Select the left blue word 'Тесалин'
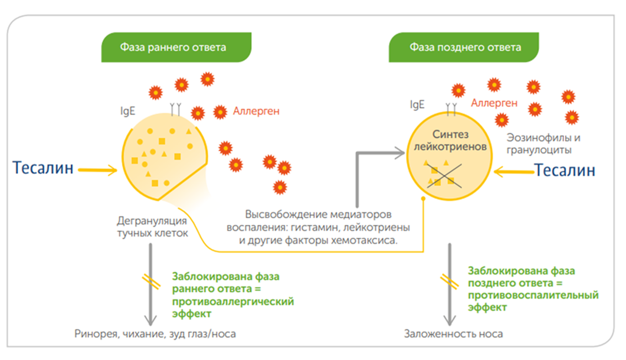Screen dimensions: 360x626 (x=44, y=168)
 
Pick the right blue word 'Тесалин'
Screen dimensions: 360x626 (x=565, y=171)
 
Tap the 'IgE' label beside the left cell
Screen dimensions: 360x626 (x=127, y=110)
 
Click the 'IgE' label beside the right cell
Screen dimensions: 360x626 (x=417, y=105)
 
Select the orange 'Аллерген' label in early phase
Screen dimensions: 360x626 (x=256, y=110)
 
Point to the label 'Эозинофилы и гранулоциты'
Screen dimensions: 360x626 (x=543, y=144)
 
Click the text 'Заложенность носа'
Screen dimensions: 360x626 (x=454, y=333)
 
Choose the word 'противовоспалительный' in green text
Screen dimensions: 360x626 (x=533, y=294)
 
